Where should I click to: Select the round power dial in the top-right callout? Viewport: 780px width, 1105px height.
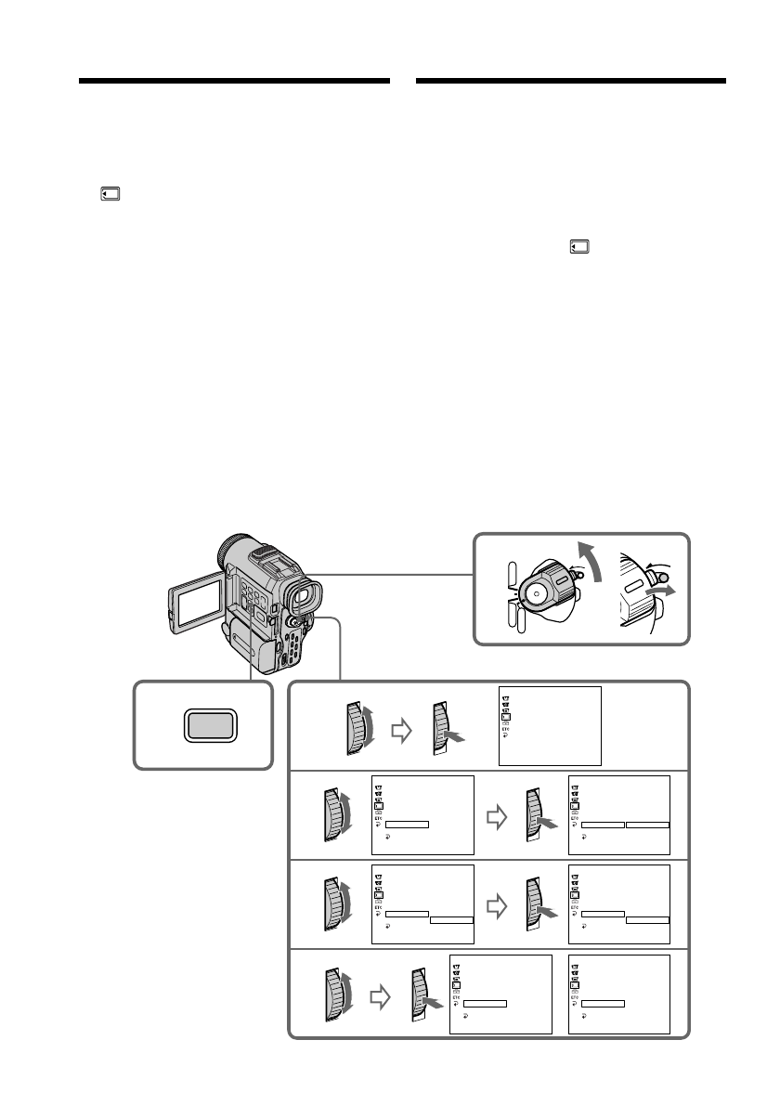[538, 591]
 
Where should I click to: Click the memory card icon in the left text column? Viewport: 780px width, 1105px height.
[109, 196]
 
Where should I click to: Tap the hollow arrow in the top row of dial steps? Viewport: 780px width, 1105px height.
[401, 732]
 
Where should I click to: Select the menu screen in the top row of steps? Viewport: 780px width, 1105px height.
[550, 726]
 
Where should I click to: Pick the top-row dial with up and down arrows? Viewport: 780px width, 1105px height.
[357, 726]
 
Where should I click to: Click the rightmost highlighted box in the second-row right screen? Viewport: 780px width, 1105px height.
[647, 825]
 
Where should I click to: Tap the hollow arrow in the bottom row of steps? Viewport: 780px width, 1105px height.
[378, 997]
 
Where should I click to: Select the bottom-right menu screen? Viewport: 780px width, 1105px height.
[617, 994]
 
